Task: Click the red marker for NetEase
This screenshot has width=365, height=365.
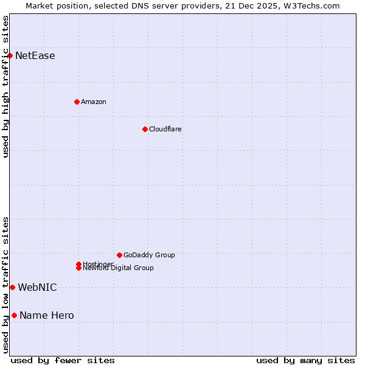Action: pyautogui.click(x=10, y=56)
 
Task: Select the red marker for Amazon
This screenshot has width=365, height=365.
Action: pyautogui.click(x=77, y=102)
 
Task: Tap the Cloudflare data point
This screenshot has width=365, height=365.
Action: pyautogui.click(x=145, y=129)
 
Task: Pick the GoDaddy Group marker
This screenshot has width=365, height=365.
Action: pyautogui.click(x=119, y=255)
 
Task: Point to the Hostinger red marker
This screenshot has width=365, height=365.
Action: pyautogui.click(x=78, y=264)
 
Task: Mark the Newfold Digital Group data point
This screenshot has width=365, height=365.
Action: pyautogui.click(x=79, y=268)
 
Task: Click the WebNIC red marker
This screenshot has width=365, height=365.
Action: pyautogui.click(x=12, y=287)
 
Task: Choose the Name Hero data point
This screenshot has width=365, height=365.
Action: pyautogui.click(x=14, y=315)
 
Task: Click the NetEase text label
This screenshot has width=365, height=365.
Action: pyautogui.click(x=35, y=56)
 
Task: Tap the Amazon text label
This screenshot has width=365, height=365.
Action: pyautogui.click(x=94, y=102)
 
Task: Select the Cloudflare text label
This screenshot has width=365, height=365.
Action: pyautogui.click(x=165, y=129)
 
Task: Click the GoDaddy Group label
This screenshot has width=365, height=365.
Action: pyautogui.click(x=149, y=255)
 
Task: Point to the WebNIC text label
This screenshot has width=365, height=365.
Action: pyautogui.click(x=37, y=287)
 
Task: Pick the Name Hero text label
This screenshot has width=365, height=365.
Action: pyautogui.click(x=47, y=315)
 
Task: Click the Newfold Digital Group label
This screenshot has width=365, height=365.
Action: pyautogui.click(x=119, y=268)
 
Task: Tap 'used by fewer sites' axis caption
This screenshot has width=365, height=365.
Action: pyautogui.click(x=63, y=360)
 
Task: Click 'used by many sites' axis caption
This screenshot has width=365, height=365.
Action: pyautogui.click(x=305, y=360)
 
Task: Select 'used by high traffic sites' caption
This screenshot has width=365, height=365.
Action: pyautogui.click(x=5, y=86)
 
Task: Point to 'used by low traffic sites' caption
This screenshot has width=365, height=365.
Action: pyautogui.click(x=5, y=285)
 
